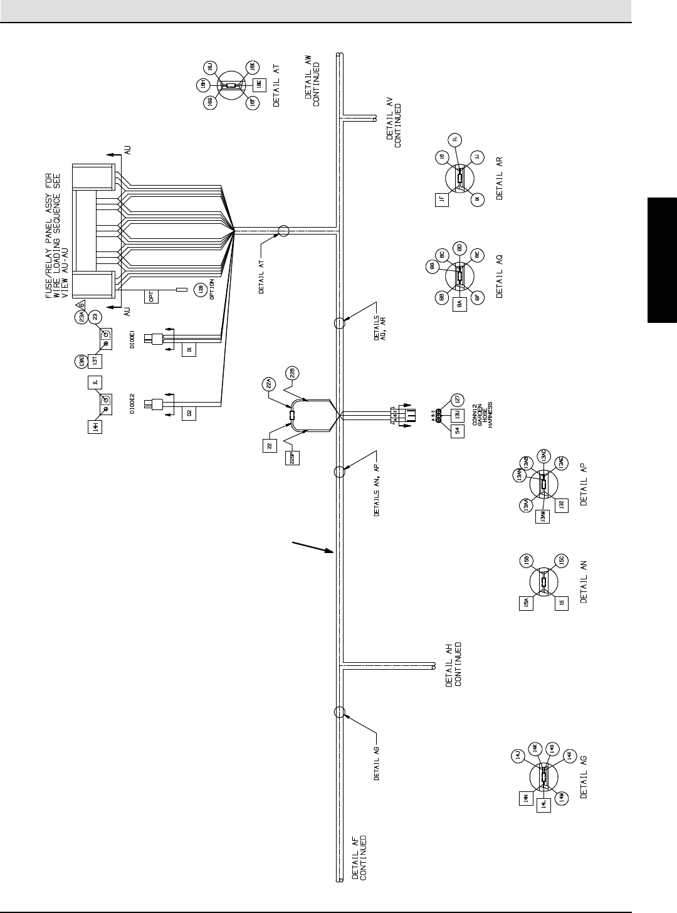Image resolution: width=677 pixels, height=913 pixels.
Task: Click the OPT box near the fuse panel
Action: click(x=153, y=296)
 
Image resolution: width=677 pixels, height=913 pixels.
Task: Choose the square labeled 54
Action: click(x=456, y=430)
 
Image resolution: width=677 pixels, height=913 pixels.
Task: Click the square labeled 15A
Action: click(x=527, y=604)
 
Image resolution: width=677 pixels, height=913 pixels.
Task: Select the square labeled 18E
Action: click(x=258, y=86)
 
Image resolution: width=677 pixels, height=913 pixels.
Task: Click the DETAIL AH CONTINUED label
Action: click(x=453, y=665)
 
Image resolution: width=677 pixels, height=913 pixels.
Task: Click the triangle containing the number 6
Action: click(x=80, y=305)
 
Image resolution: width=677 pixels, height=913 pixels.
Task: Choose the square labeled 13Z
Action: click(x=562, y=505)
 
